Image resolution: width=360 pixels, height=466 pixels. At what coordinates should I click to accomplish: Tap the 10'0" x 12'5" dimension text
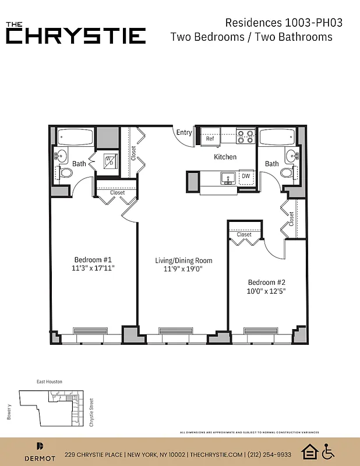(x=267, y=290)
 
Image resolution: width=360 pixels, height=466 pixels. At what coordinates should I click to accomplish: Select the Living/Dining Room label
(x=183, y=260)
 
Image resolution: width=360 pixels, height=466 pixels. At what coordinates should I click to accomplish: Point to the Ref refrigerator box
(x=210, y=139)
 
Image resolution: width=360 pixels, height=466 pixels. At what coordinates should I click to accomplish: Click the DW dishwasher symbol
(x=246, y=176)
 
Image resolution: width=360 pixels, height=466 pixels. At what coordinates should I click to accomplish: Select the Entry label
(x=184, y=133)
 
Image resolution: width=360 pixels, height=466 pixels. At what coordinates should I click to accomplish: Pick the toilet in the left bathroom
(x=66, y=172)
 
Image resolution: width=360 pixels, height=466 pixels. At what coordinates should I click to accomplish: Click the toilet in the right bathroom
(x=286, y=172)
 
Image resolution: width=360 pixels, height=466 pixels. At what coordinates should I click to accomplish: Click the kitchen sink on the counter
(x=227, y=177)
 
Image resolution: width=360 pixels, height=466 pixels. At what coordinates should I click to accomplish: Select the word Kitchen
(x=225, y=157)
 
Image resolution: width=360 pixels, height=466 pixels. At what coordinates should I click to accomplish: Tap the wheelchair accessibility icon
(x=329, y=451)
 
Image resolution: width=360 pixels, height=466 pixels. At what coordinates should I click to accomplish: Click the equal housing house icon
(x=309, y=451)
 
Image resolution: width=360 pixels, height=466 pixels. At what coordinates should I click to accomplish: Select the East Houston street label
(x=50, y=382)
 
